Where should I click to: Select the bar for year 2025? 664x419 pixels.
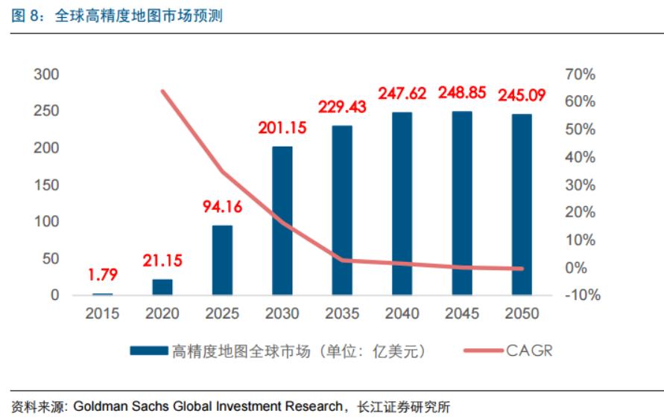point(222,260)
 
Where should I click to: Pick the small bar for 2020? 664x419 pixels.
point(162,287)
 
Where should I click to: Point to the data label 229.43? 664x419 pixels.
point(343,107)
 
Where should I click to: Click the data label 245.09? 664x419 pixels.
point(522,95)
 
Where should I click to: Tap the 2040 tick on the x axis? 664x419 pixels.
point(402,314)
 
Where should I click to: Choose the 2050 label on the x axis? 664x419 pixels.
point(522,314)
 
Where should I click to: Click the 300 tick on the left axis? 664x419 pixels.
point(46,74)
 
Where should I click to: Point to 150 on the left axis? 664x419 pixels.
point(46,185)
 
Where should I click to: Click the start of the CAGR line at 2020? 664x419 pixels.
point(162,92)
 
